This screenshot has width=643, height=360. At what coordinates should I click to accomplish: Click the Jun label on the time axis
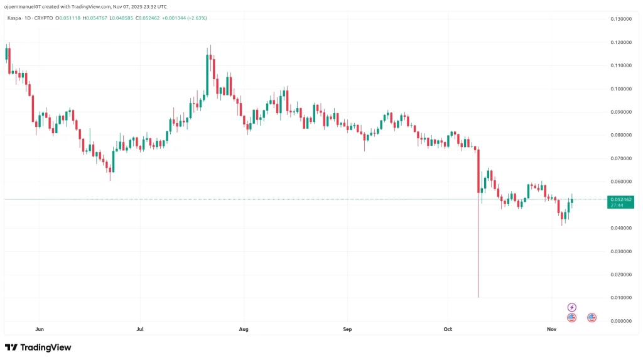40,329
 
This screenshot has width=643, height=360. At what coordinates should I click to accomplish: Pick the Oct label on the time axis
448,329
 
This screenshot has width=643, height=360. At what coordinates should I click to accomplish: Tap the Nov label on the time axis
551,329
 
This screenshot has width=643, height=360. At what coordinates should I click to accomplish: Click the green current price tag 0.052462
620,199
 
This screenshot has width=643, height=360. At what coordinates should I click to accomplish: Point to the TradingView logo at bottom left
38,347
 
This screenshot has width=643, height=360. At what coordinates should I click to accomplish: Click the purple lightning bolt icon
571,307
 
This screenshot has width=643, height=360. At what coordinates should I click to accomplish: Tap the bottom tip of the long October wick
478,297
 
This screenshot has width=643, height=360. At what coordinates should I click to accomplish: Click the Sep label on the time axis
346,329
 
